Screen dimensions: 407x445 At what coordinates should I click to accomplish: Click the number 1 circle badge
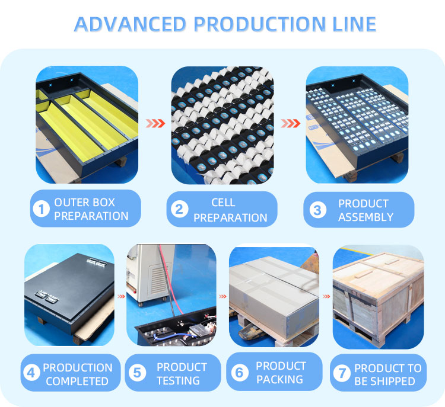point(41,209)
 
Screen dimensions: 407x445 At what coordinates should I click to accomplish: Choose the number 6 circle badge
point(240,373)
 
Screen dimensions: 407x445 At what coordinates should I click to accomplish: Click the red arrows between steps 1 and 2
point(155,124)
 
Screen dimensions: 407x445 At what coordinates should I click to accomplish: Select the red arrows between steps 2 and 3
point(291,124)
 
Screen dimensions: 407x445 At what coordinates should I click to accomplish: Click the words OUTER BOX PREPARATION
point(91,209)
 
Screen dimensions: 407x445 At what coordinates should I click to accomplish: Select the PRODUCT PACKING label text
point(281,373)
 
